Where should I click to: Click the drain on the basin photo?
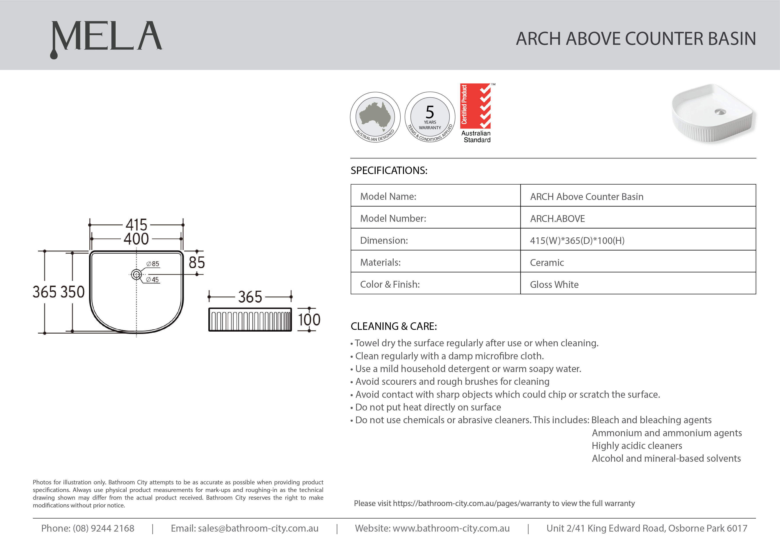tap(720, 112)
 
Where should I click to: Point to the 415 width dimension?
tap(136, 225)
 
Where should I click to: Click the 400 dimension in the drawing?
tap(136, 239)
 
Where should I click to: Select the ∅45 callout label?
tap(152, 280)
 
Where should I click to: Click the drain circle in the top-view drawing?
tap(136, 274)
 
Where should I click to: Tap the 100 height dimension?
tap(309, 320)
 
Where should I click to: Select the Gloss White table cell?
tap(554, 285)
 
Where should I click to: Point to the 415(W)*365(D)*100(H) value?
tap(577, 241)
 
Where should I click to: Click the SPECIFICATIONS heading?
tap(389, 170)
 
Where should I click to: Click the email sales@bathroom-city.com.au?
tap(258, 528)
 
